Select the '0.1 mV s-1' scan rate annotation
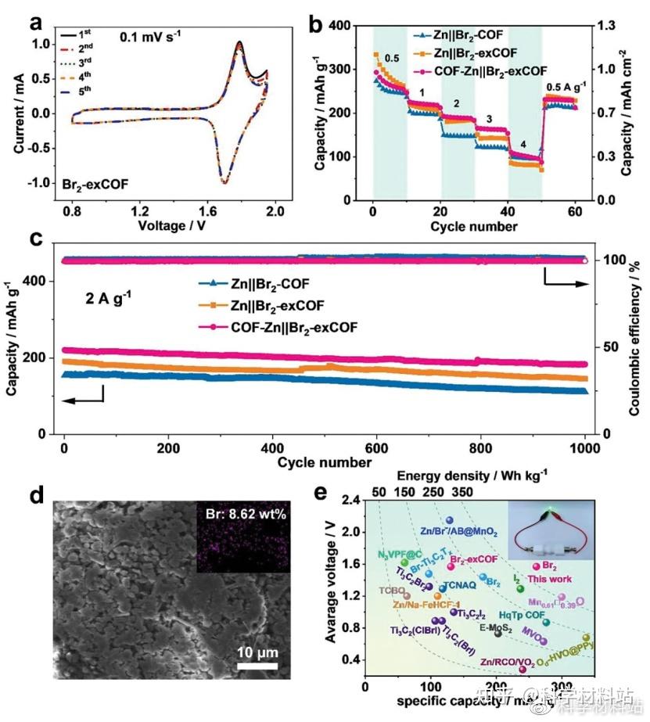156,36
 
